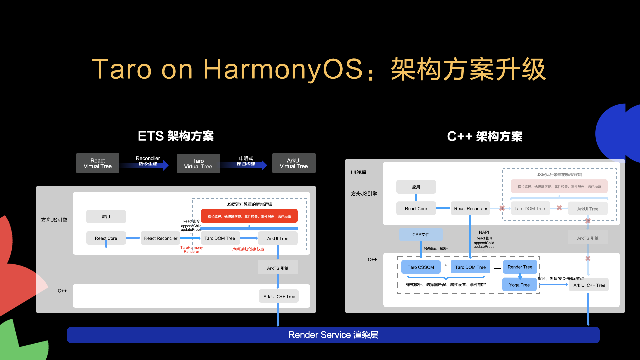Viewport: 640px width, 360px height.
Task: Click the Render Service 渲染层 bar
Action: point(333,335)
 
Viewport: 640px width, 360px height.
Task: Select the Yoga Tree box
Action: point(519,285)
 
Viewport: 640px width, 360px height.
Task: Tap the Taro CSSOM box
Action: point(421,267)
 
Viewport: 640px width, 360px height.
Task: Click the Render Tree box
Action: point(520,267)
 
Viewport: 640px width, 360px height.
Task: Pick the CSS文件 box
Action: point(421,234)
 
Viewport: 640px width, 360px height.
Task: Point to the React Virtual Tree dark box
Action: point(97,163)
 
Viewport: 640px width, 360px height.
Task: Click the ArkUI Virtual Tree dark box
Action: point(294,163)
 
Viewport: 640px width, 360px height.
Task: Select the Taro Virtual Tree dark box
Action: point(198,163)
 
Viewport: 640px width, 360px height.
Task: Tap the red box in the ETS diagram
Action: point(249,216)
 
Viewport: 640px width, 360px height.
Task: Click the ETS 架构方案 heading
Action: point(176,136)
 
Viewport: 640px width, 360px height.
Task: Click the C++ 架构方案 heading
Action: point(485,136)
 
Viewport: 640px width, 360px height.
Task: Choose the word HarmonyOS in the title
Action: point(283,69)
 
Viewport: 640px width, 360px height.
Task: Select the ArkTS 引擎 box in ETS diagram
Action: point(278,268)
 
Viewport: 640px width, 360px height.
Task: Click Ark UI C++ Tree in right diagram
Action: point(589,285)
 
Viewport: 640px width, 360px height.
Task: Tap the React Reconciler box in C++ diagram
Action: point(470,208)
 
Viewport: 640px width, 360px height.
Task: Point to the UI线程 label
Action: point(358,172)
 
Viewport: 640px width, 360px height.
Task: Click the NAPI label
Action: point(484,232)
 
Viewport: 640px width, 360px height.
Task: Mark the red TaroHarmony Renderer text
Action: point(191,249)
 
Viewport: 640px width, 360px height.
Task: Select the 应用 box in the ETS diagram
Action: point(106,216)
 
